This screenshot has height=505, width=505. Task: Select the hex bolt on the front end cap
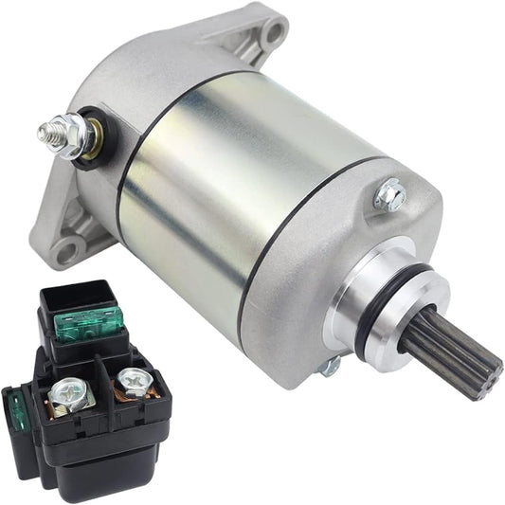[388, 195]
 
